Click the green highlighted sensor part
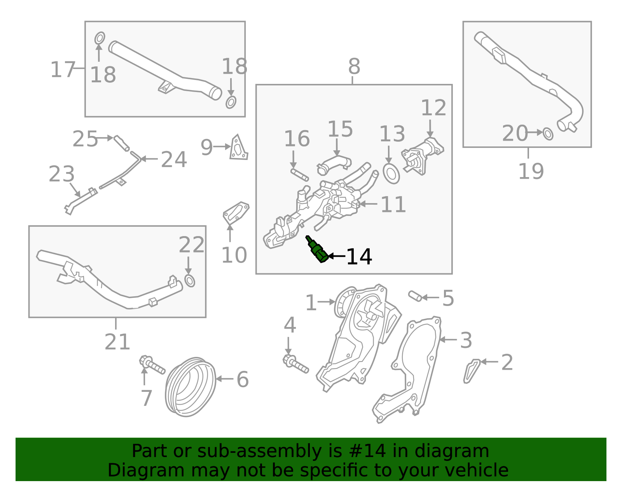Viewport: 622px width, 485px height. pos(317,250)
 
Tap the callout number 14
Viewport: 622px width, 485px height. pos(359,257)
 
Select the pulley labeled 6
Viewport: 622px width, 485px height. pos(190,387)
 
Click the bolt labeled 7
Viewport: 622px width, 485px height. pos(152,365)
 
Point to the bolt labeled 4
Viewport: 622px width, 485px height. pos(295,363)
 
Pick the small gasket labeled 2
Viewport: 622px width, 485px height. pos(472,371)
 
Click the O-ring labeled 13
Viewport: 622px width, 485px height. pos(391,174)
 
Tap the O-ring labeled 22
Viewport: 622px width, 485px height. pos(190,281)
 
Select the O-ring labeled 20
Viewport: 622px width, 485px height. pos(548,134)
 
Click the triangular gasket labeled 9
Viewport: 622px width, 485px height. pos(238,148)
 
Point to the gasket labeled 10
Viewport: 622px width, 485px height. pos(236,213)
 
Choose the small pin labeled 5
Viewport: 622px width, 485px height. pos(415,296)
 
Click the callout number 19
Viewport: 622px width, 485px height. pos(531,171)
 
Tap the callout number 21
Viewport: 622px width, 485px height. pos(117,342)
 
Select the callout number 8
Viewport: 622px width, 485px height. pos(354,67)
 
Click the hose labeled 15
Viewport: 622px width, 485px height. pos(334,164)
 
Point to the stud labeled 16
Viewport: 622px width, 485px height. pos(300,175)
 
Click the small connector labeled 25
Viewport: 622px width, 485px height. pos(121,143)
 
